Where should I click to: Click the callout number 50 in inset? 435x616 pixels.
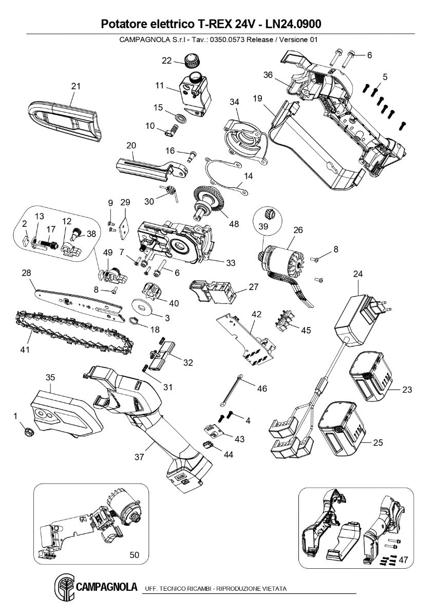click(135, 555)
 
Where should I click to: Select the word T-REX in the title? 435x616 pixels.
click(212, 24)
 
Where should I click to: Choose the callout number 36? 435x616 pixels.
click(268, 74)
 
